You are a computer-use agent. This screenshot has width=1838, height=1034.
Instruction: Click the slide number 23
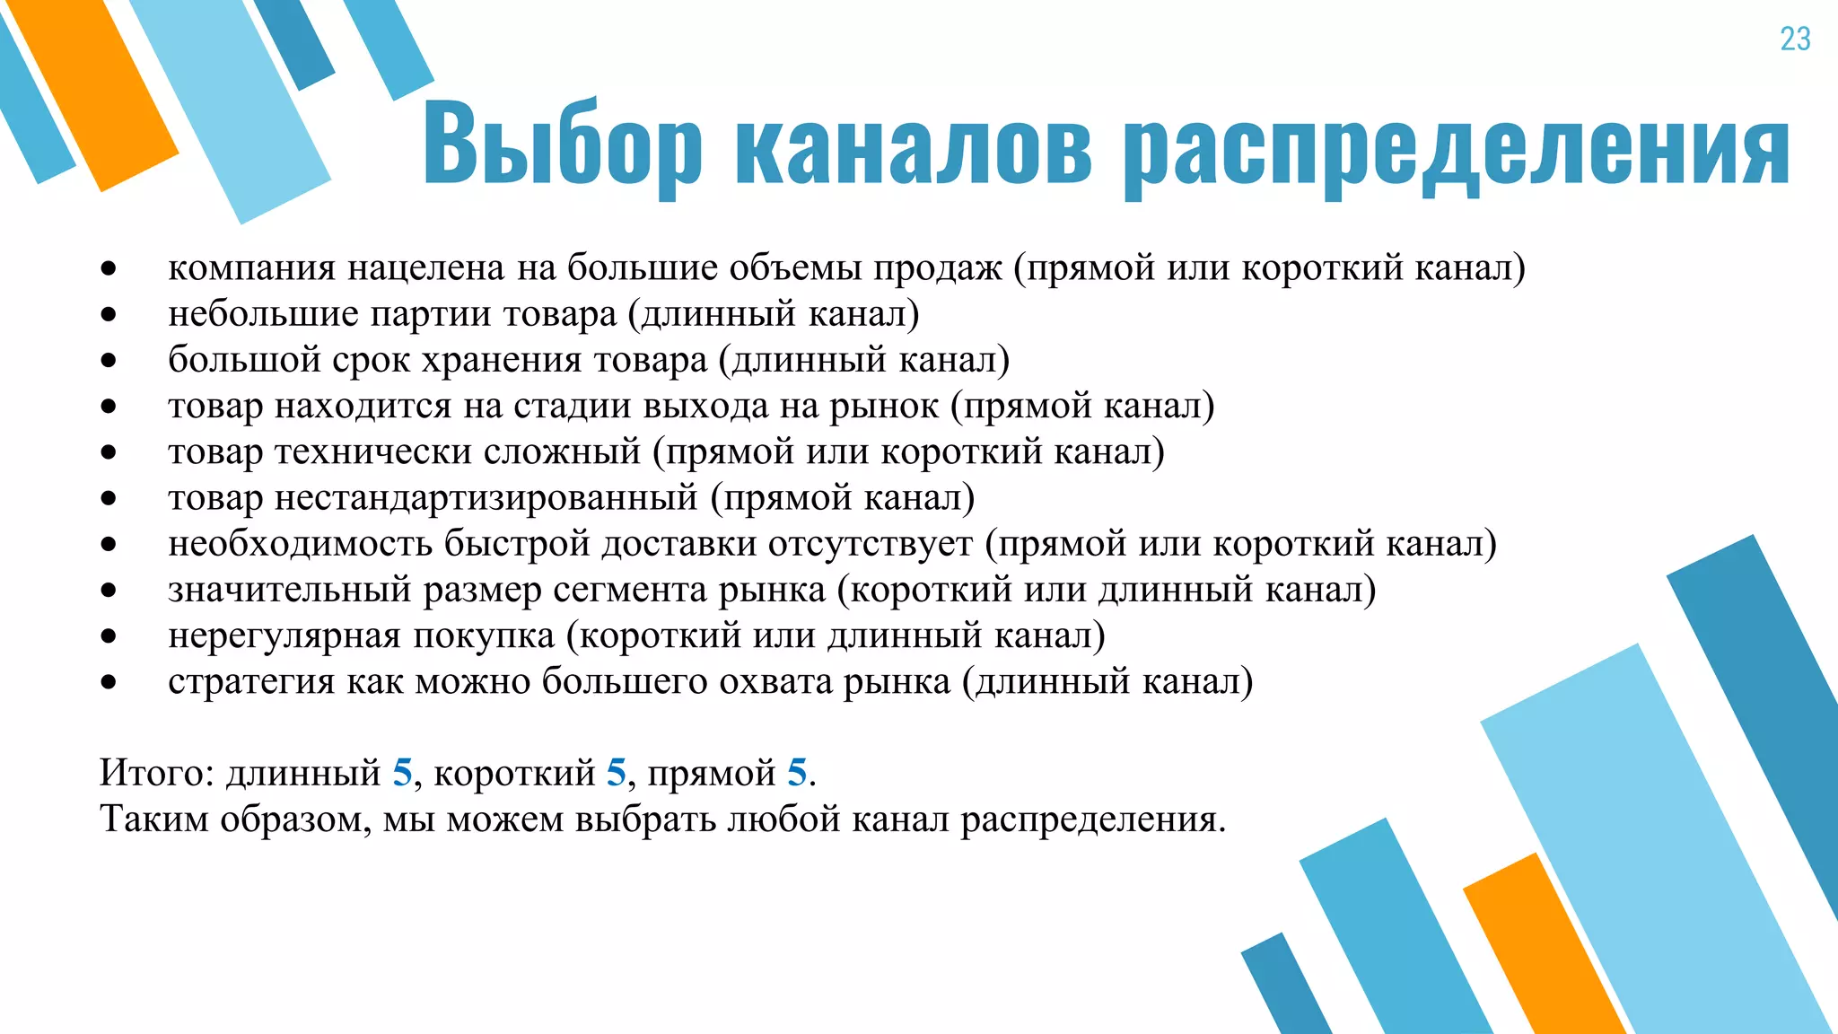(1795, 39)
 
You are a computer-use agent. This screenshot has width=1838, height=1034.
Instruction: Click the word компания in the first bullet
(252, 268)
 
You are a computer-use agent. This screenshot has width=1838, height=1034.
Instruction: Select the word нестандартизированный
(486, 498)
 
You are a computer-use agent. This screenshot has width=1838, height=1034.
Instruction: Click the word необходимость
(300, 544)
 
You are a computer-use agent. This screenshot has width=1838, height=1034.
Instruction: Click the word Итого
(153, 773)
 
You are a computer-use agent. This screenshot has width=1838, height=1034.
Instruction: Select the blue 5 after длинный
(402, 773)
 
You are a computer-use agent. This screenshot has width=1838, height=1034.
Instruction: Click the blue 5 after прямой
(797, 773)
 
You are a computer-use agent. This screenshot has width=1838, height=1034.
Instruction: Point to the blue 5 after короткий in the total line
(616, 773)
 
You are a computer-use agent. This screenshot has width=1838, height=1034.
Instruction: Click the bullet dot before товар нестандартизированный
(109, 498)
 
